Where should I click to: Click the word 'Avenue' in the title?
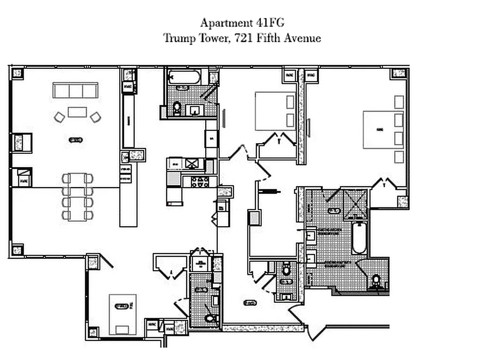click(302, 38)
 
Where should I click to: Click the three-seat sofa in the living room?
click(76, 90)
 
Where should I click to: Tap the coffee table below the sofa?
click(77, 112)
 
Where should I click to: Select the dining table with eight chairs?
click(77, 197)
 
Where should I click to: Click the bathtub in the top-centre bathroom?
click(184, 77)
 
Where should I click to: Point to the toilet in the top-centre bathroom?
click(177, 108)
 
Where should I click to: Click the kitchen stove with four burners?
click(200, 182)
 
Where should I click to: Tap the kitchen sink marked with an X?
click(192, 163)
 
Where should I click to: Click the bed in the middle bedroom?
click(275, 111)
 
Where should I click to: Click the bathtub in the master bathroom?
click(359, 238)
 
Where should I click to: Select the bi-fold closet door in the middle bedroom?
click(279, 139)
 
